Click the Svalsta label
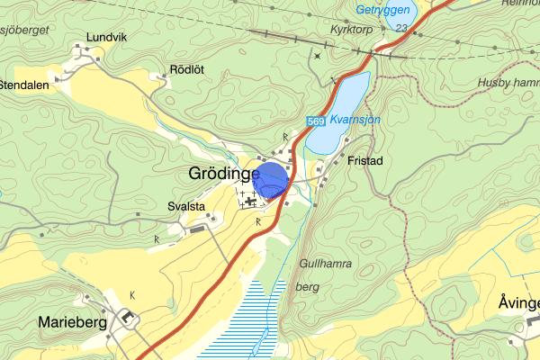tap(186, 207)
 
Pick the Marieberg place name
tap(72, 321)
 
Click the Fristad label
tap(364, 161)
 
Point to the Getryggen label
tap(382, 11)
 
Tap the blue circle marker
tap(270, 180)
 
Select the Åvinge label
tap(518, 303)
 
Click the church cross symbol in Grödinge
tap(248, 203)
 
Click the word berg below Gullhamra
tap(307, 286)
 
